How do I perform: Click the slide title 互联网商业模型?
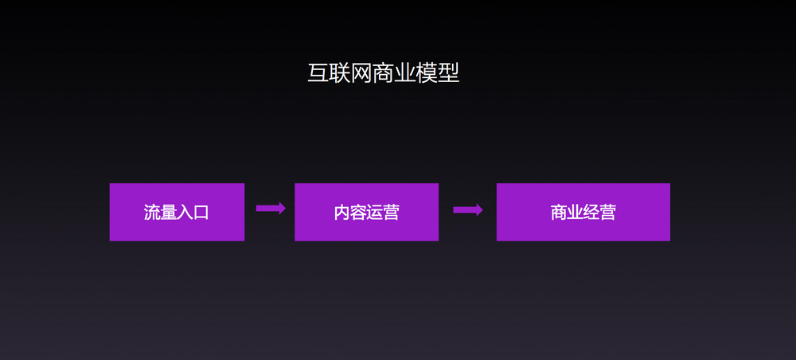tap(383, 73)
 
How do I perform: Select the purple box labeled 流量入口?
tap(177, 212)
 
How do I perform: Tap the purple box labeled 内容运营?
tap(366, 212)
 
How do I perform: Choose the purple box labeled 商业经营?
tap(583, 212)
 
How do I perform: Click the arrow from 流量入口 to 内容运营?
tap(271, 209)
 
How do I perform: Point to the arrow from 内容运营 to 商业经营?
tap(468, 210)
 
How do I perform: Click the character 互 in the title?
tap(318, 73)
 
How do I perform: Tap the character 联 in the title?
tap(340, 73)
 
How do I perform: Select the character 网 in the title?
tap(361, 73)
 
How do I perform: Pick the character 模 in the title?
tap(427, 73)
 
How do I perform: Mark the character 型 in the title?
tap(448, 73)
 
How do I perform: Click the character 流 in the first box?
tap(152, 213)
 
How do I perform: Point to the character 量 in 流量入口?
tap(169, 213)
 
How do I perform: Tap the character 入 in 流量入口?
tap(185, 213)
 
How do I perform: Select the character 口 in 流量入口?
tap(201, 213)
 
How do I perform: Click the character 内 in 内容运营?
tap(342, 213)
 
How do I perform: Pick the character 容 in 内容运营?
tap(358, 213)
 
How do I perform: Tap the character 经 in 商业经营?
tap(591, 213)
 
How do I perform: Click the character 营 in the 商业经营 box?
tap(607, 213)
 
